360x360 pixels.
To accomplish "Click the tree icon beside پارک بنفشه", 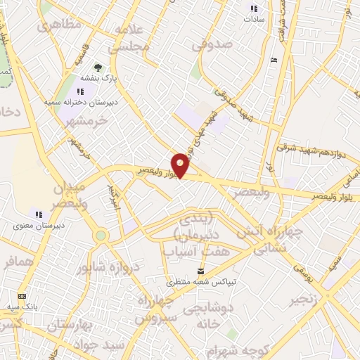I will (x=98, y=68).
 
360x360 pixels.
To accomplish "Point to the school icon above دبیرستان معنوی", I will (x=39, y=214).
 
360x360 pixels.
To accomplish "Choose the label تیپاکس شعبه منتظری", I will (x=201, y=282).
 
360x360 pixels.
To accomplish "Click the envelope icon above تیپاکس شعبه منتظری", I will (x=201, y=271).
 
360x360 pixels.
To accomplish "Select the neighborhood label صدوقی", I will (x=212, y=44).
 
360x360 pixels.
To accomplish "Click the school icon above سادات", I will (x=254, y=8).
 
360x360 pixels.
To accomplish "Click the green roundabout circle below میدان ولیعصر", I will (x=101, y=236).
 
